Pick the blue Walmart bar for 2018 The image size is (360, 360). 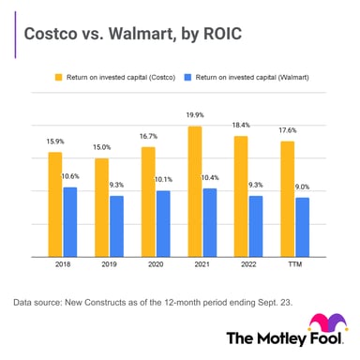pos(70,222)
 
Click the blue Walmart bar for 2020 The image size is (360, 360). pos(162,224)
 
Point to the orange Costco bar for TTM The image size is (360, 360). pos(288,199)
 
